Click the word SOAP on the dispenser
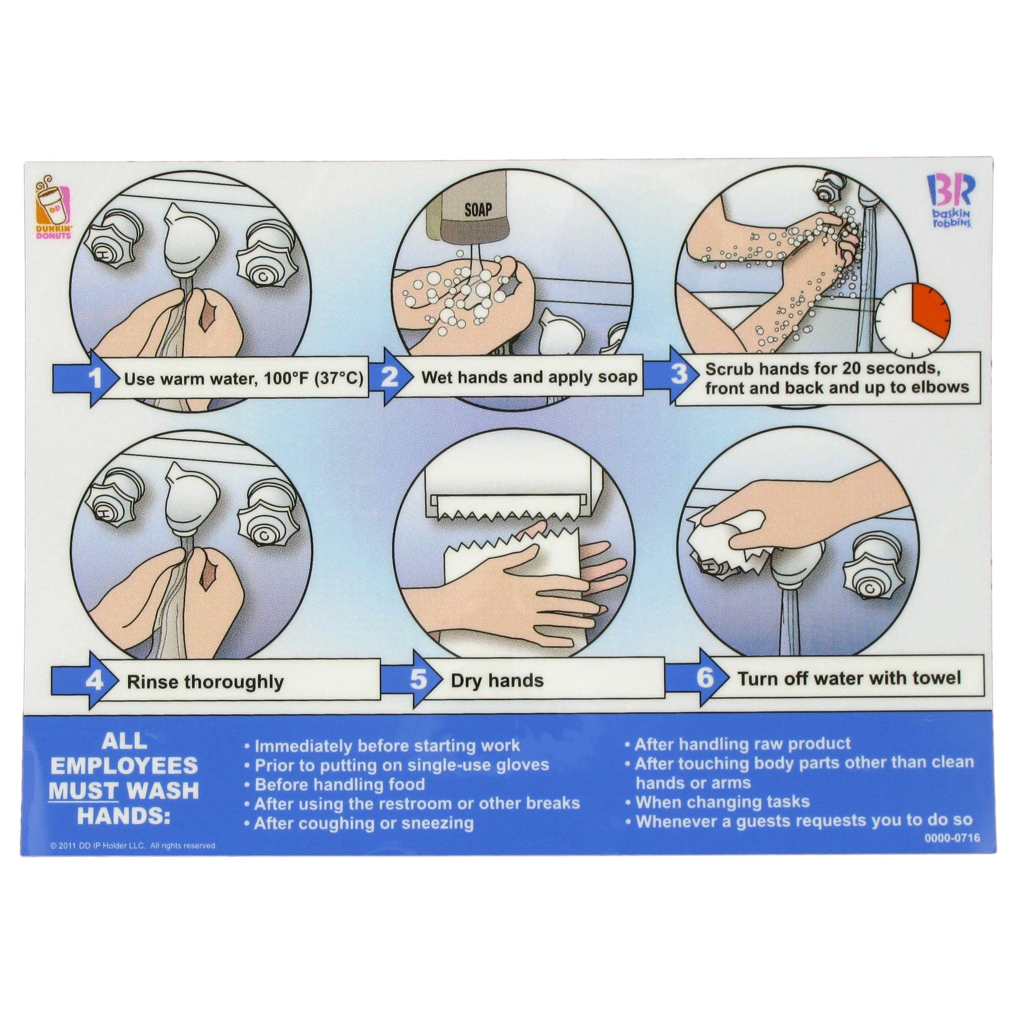(477, 210)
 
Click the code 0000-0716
(952, 838)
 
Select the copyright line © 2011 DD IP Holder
(133, 846)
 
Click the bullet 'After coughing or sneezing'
(360, 823)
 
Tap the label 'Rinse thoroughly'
(205, 682)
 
